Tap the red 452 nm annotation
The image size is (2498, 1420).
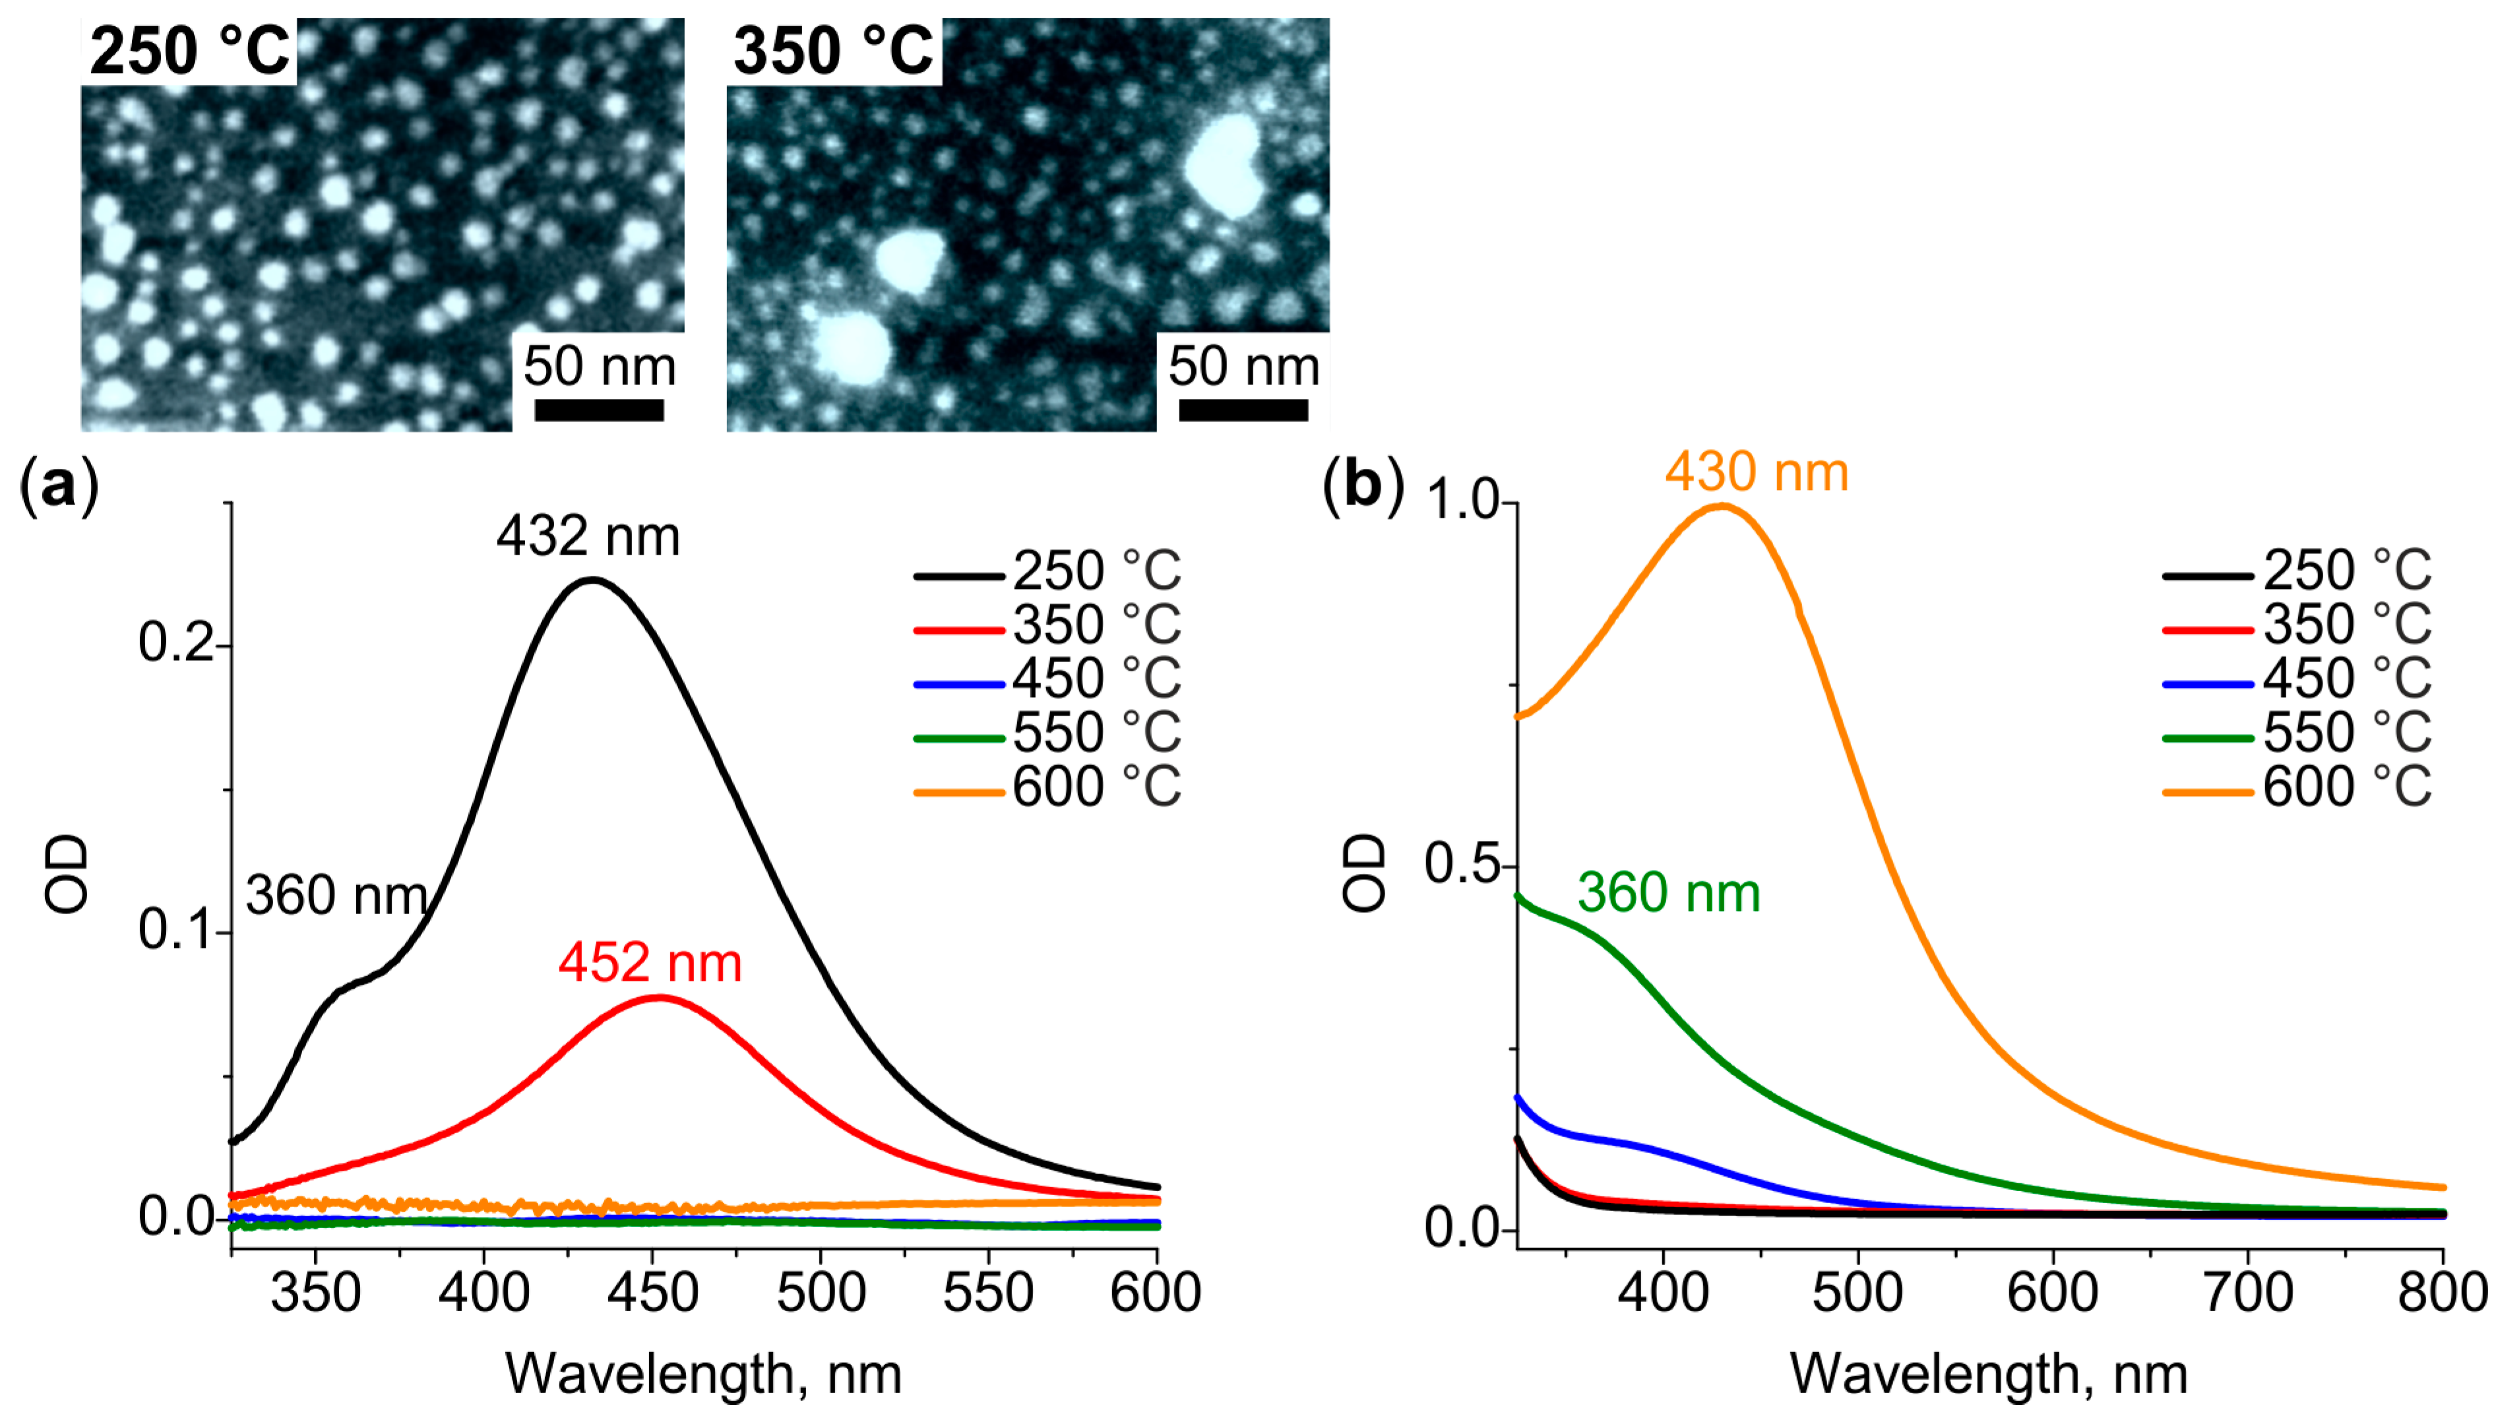click(x=650, y=962)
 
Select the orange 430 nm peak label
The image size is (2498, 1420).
click(x=1756, y=472)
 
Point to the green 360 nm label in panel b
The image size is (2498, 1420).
click(x=1668, y=892)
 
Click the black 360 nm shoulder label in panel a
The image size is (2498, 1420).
click(x=336, y=894)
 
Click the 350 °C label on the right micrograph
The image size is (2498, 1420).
click(x=834, y=51)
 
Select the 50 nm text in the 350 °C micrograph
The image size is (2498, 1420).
click(x=1243, y=367)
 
